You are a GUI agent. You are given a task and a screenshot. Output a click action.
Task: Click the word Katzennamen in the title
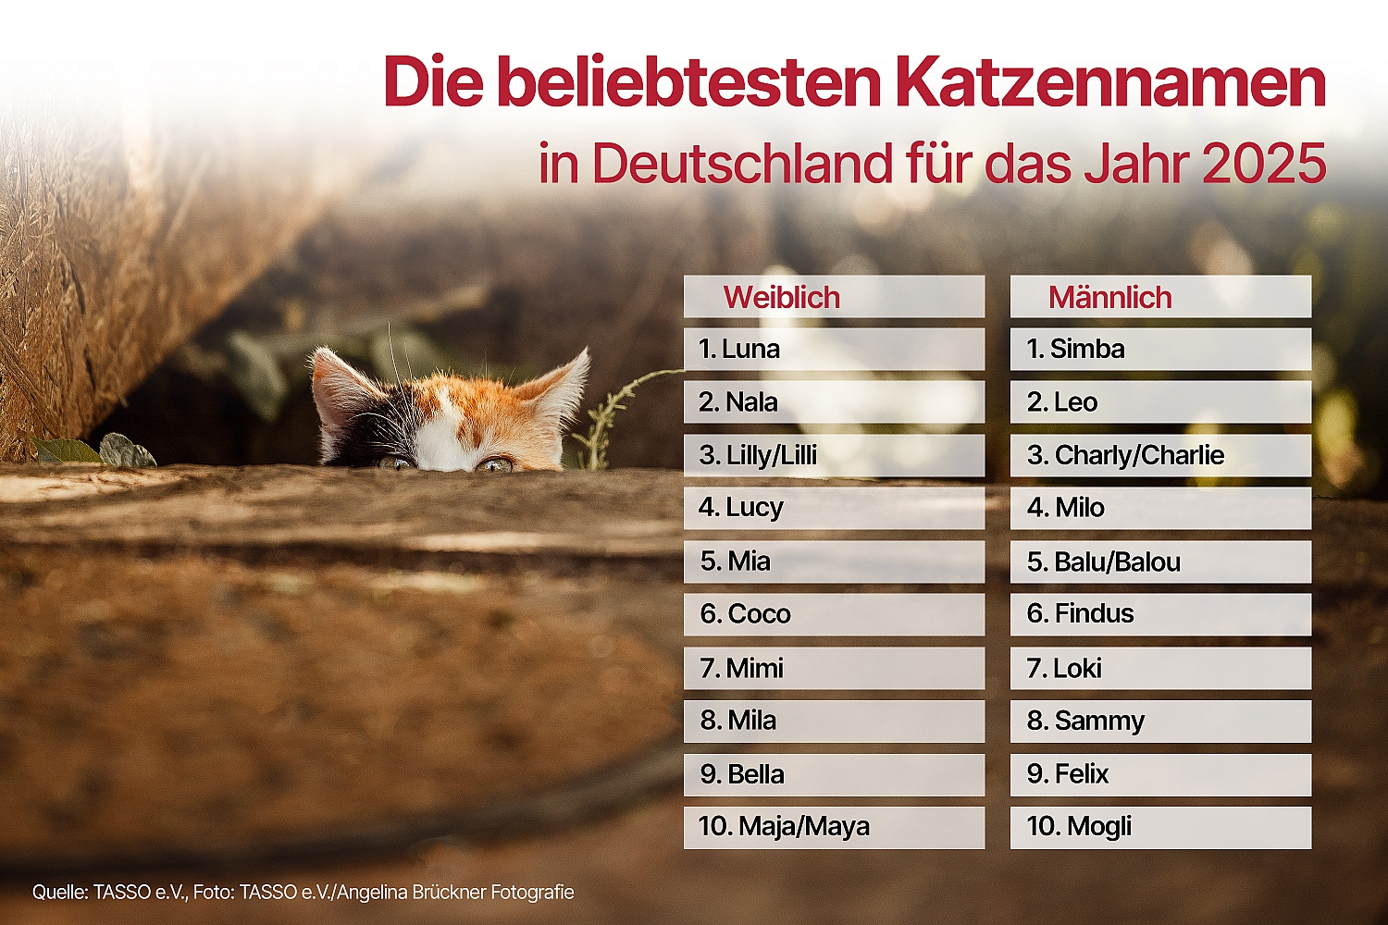(1110, 83)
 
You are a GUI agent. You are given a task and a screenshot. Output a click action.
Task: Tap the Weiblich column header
(782, 298)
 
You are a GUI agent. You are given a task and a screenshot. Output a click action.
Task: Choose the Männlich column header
(1110, 298)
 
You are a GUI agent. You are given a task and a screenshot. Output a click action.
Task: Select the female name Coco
(759, 614)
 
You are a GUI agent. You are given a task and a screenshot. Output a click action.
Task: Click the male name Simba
(1087, 350)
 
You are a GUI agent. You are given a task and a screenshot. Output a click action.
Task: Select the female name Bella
(756, 774)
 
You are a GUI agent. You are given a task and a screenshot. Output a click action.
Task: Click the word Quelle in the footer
(59, 893)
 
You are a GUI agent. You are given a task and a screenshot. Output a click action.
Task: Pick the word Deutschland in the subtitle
(742, 165)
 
